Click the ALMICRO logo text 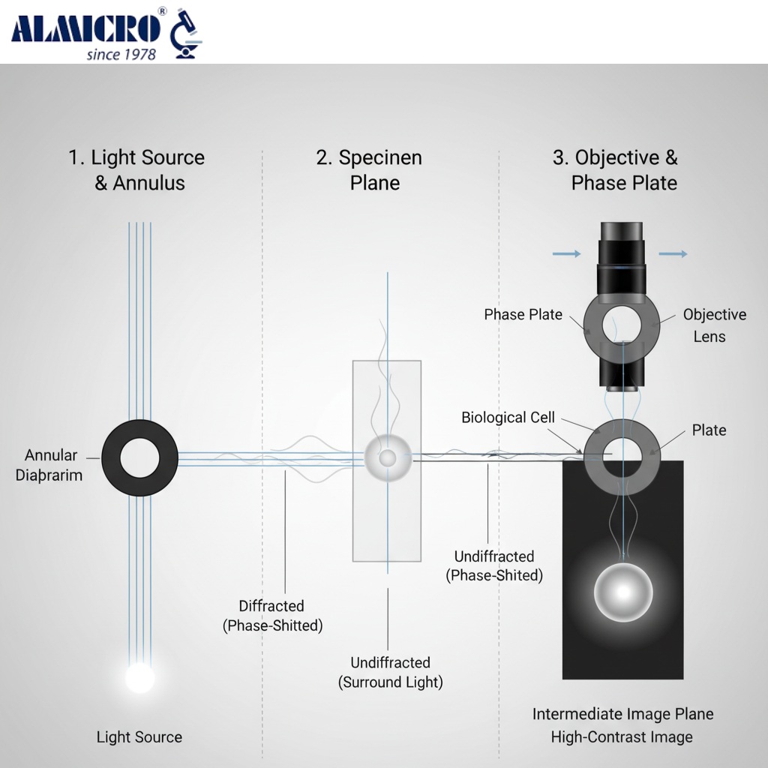(87, 28)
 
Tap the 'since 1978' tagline (121, 54)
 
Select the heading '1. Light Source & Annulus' (136, 170)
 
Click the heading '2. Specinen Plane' (369, 170)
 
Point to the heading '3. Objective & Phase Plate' (615, 170)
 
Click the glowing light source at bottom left (139, 677)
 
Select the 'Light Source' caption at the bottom (139, 737)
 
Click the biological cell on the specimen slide (387, 457)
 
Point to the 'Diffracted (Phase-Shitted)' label (272, 615)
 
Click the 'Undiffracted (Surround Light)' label (391, 672)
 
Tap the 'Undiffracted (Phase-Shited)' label (494, 565)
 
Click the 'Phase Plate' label (523, 314)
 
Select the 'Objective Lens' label (713, 325)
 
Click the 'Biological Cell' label (508, 417)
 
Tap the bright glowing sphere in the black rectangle (622, 592)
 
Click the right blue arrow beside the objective (673, 254)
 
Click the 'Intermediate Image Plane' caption (622, 714)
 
